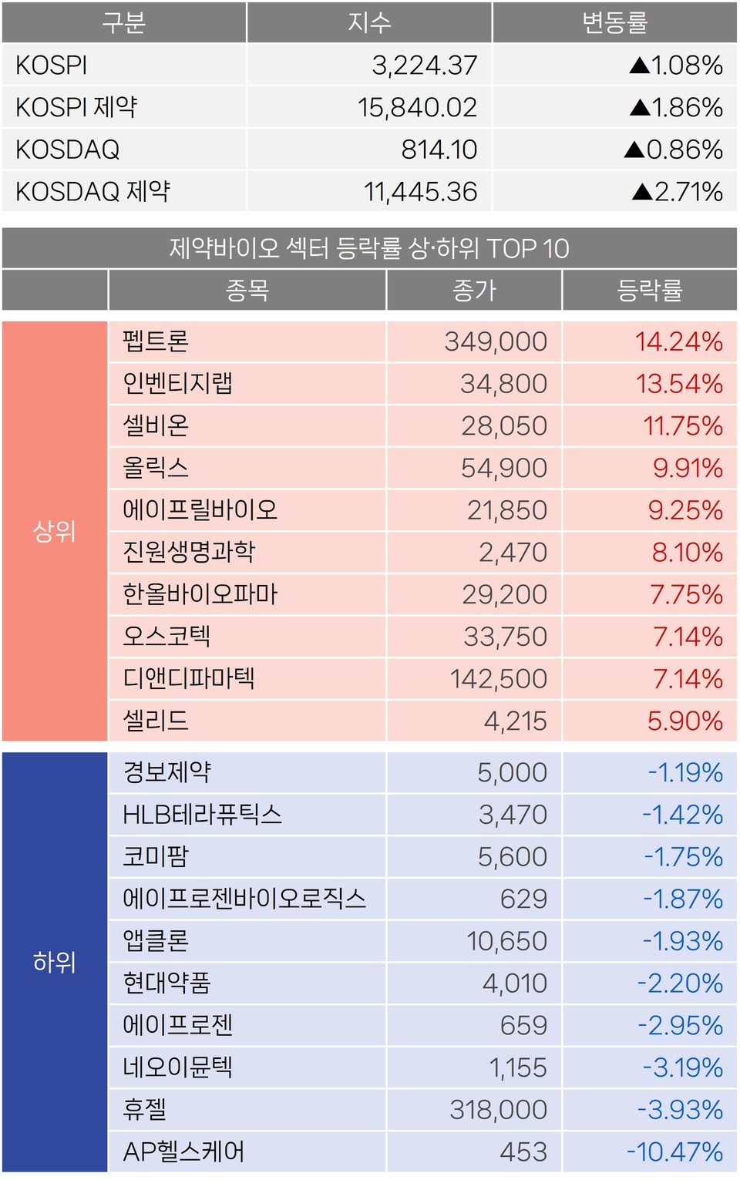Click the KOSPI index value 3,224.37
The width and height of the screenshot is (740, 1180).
pyautogui.click(x=424, y=66)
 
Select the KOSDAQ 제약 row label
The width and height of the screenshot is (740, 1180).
pyautogui.click(x=92, y=191)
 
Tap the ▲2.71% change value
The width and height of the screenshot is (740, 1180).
pyautogui.click(x=677, y=191)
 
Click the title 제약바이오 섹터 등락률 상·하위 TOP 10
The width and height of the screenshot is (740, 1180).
pyautogui.click(x=369, y=248)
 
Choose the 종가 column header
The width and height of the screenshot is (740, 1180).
pyautogui.click(x=474, y=291)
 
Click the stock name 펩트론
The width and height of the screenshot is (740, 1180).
pyautogui.click(x=156, y=341)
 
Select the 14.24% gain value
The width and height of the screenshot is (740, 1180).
pyautogui.click(x=678, y=341)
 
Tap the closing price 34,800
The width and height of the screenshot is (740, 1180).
pyautogui.click(x=503, y=384)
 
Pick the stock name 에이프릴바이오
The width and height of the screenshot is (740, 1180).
pyautogui.click(x=200, y=510)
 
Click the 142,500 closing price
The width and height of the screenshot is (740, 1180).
pyautogui.click(x=498, y=679)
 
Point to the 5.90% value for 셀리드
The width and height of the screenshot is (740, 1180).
pyautogui.click(x=684, y=721)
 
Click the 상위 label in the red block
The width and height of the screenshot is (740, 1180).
pyautogui.click(x=55, y=531)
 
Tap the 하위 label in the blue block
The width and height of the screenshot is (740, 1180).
pyautogui.click(x=55, y=962)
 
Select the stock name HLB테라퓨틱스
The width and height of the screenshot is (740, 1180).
pyautogui.click(x=202, y=815)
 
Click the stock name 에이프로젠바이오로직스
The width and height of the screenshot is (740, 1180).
pyautogui.click(x=244, y=899)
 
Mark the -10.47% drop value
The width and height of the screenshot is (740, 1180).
pyautogui.click(x=674, y=1151)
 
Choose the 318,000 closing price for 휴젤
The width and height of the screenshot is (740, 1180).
pyautogui.click(x=498, y=1110)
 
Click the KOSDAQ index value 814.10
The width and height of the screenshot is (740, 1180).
pyautogui.click(x=439, y=150)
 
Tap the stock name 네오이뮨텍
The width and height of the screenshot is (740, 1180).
pyautogui.click(x=177, y=1067)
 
